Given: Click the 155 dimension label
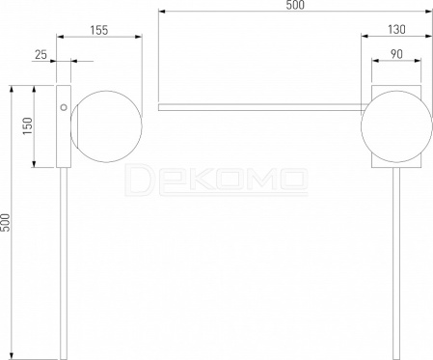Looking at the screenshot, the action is coord(99,30).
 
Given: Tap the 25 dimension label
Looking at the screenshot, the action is coord(41,55).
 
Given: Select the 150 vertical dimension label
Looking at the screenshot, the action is coord(28,126).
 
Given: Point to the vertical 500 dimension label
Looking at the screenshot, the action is coord(6,222).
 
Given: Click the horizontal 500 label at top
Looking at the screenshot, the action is coord(295,5).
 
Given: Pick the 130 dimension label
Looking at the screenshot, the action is coord(396,30).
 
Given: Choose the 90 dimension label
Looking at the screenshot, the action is coord(396,54).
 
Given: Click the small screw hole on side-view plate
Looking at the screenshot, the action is coord(64,107).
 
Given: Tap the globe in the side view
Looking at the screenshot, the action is coord(106,126).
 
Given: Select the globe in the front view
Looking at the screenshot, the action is coord(396,126).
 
